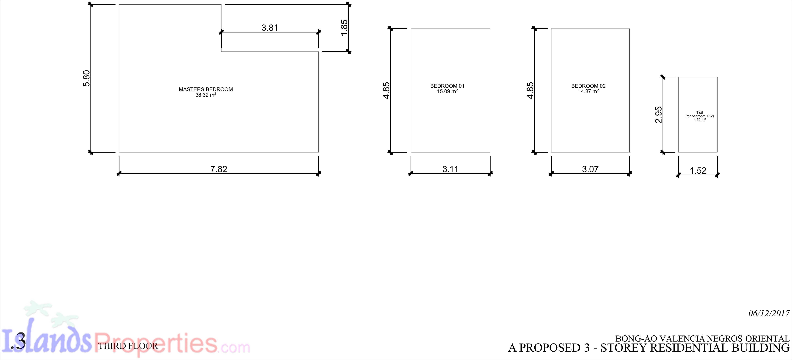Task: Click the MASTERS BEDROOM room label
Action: coord(206,89)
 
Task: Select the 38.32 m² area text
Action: coord(206,95)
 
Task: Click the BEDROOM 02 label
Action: coord(588,86)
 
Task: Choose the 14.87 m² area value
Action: coord(588,91)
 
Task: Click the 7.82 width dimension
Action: coord(219,169)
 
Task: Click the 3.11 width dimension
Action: coord(450,169)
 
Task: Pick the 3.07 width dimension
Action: coord(590,169)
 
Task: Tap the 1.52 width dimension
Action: coord(698,171)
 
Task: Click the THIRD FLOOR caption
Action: coord(128,346)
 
